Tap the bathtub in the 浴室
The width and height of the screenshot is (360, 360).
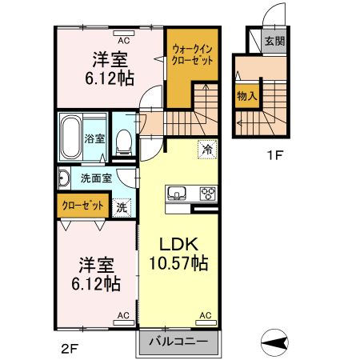71,137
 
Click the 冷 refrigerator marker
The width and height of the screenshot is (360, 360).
206,149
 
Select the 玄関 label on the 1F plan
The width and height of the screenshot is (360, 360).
275,42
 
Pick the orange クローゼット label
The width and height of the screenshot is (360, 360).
83,206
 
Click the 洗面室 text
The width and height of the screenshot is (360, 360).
95,178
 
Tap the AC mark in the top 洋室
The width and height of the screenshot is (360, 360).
124,38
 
